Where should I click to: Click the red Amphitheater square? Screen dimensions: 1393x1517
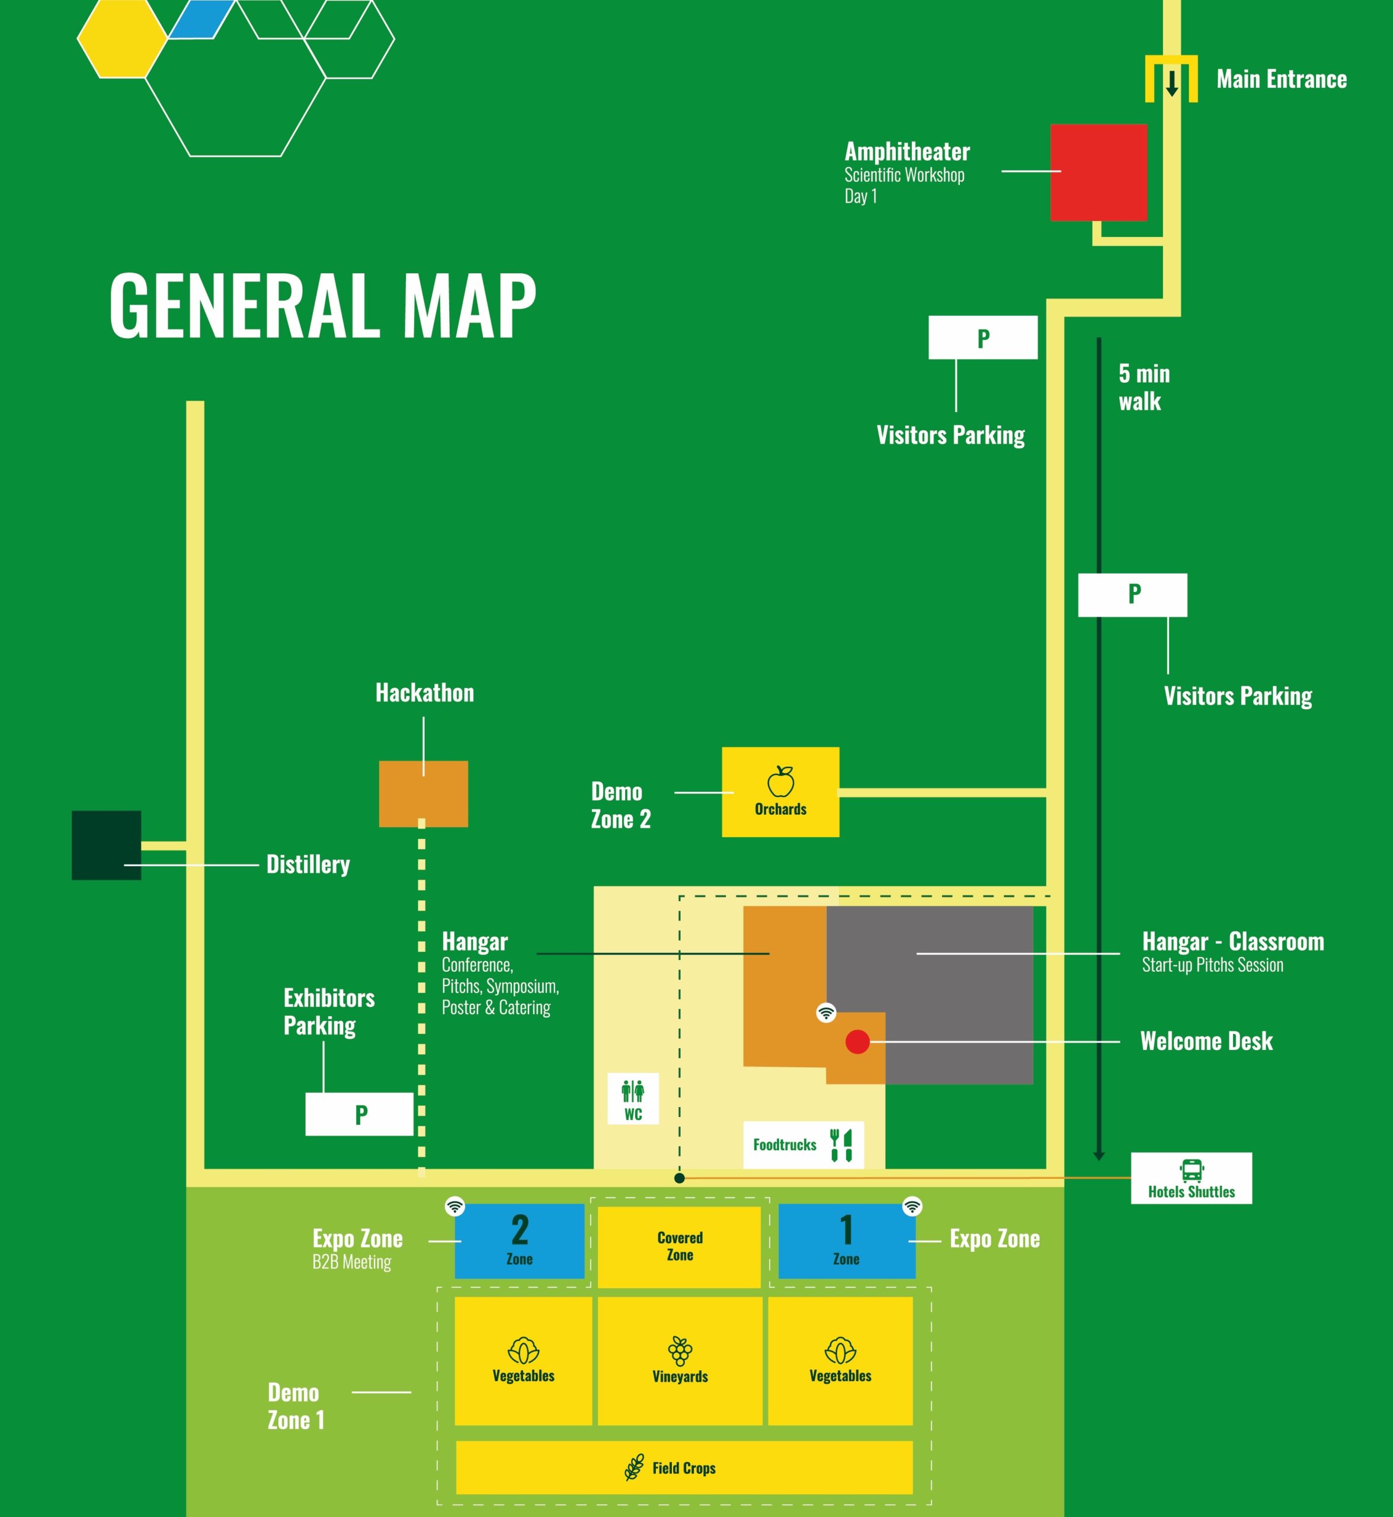pos(1099,172)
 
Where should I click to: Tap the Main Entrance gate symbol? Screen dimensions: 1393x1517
pos(1171,78)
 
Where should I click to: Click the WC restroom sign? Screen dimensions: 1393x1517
pos(633,1099)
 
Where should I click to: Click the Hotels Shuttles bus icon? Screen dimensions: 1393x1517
pos(1192,1170)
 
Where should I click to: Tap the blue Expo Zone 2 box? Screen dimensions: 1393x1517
pos(520,1240)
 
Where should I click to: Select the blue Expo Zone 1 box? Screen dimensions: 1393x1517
pos(847,1240)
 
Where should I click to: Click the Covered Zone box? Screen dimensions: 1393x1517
pos(679,1247)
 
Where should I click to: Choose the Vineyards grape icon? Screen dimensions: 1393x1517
pos(680,1351)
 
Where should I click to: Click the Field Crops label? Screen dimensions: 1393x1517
pos(684,1468)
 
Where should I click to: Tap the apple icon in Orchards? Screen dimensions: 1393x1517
pos(781,781)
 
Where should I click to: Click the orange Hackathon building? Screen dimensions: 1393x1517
pos(424,794)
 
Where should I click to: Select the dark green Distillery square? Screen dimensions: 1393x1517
pos(106,845)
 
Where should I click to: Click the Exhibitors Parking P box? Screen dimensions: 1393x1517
pos(360,1113)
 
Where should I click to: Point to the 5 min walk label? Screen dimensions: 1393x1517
pos(1144,387)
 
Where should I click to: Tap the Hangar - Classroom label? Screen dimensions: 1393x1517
pos(1233,942)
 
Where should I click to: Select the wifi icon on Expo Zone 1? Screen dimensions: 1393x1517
pos(912,1206)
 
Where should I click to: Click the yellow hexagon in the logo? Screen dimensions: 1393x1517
pos(122,39)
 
